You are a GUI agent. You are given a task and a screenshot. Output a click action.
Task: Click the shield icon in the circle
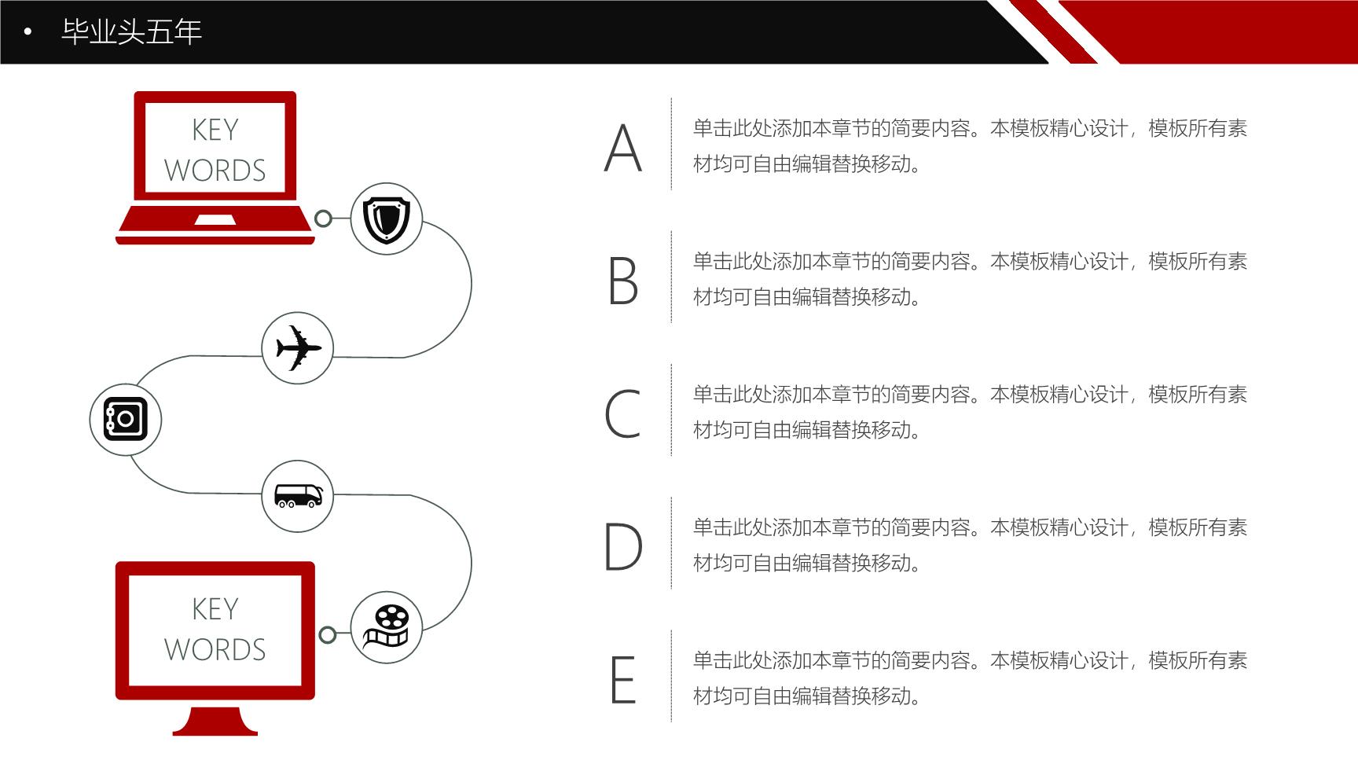click(386, 219)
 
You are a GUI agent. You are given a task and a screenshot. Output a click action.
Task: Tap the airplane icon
click(298, 347)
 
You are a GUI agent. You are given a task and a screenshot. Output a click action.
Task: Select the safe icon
click(126, 419)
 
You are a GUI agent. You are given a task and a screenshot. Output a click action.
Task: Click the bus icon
click(298, 496)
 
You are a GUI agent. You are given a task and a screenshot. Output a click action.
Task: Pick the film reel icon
click(386, 626)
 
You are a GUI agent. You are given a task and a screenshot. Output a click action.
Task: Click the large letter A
click(623, 148)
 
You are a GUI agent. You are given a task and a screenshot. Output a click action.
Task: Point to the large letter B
click(623, 281)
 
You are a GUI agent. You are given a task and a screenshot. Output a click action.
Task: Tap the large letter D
click(623, 546)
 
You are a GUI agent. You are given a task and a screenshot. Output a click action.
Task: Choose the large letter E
click(623, 679)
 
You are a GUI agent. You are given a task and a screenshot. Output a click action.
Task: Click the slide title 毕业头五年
click(132, 31)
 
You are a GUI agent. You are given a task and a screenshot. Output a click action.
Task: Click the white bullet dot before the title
click(28, 32)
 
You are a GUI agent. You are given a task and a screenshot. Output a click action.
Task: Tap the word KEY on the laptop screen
click(215, 130)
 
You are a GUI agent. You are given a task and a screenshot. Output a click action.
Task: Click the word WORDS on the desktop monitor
click(215, 650)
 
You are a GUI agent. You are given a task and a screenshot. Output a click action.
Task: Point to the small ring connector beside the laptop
click(323, 219)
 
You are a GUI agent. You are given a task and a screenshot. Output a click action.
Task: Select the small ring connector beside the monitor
click(328, 635)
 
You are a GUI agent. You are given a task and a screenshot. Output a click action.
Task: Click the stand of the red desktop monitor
click(215, 721)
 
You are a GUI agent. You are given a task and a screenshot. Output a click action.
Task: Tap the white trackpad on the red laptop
click(215, 220)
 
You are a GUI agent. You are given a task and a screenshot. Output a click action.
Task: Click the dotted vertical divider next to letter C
click(671, 410)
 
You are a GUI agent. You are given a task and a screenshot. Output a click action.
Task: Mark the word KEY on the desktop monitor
click(215, 609)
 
